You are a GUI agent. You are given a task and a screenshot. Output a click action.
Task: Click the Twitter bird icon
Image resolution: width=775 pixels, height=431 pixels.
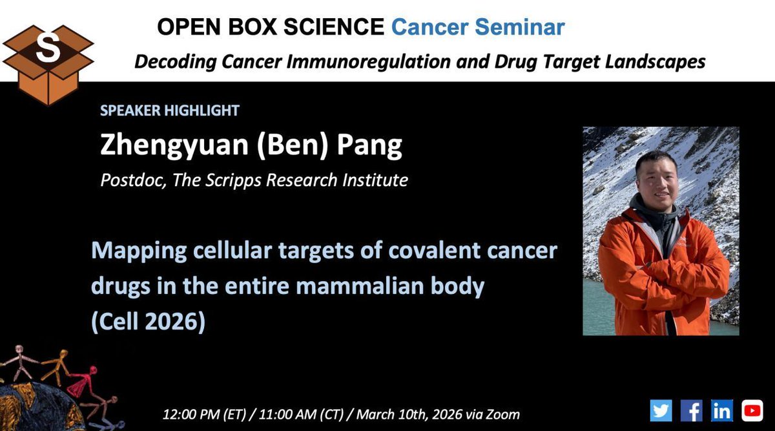[x=661, y=410]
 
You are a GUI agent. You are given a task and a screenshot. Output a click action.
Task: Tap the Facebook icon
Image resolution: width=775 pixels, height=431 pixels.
[x=691, y=410]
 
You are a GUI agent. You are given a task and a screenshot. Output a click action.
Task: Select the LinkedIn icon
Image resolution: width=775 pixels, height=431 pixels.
[x=721, y=410]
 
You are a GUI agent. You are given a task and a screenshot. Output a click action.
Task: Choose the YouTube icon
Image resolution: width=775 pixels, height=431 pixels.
[x=752, y=410]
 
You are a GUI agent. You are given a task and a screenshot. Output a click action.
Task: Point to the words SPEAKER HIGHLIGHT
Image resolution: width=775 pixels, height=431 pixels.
[x=169, y=110]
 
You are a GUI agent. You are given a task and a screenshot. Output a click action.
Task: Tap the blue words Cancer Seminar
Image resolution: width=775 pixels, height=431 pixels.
[x=478, y=27]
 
